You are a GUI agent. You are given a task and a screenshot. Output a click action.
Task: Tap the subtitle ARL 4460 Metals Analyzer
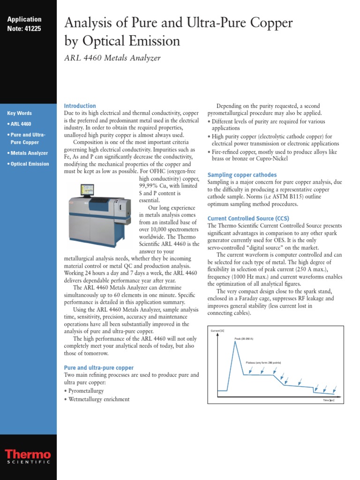(112, 58)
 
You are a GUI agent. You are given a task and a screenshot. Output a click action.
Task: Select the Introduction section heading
(80, 106)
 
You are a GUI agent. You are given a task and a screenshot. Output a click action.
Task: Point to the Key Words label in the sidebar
(20, 113)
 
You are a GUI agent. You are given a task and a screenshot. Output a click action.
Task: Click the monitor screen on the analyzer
(87, 190)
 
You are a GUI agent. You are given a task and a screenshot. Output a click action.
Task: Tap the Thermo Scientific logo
(28, 457)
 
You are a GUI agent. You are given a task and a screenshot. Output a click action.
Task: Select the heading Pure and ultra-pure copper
(98, 367)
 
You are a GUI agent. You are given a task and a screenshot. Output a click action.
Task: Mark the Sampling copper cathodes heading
(242, 175)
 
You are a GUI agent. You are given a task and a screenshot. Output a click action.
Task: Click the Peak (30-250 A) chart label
(244, 338)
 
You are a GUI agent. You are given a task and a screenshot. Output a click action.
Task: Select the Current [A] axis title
(218, 331)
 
